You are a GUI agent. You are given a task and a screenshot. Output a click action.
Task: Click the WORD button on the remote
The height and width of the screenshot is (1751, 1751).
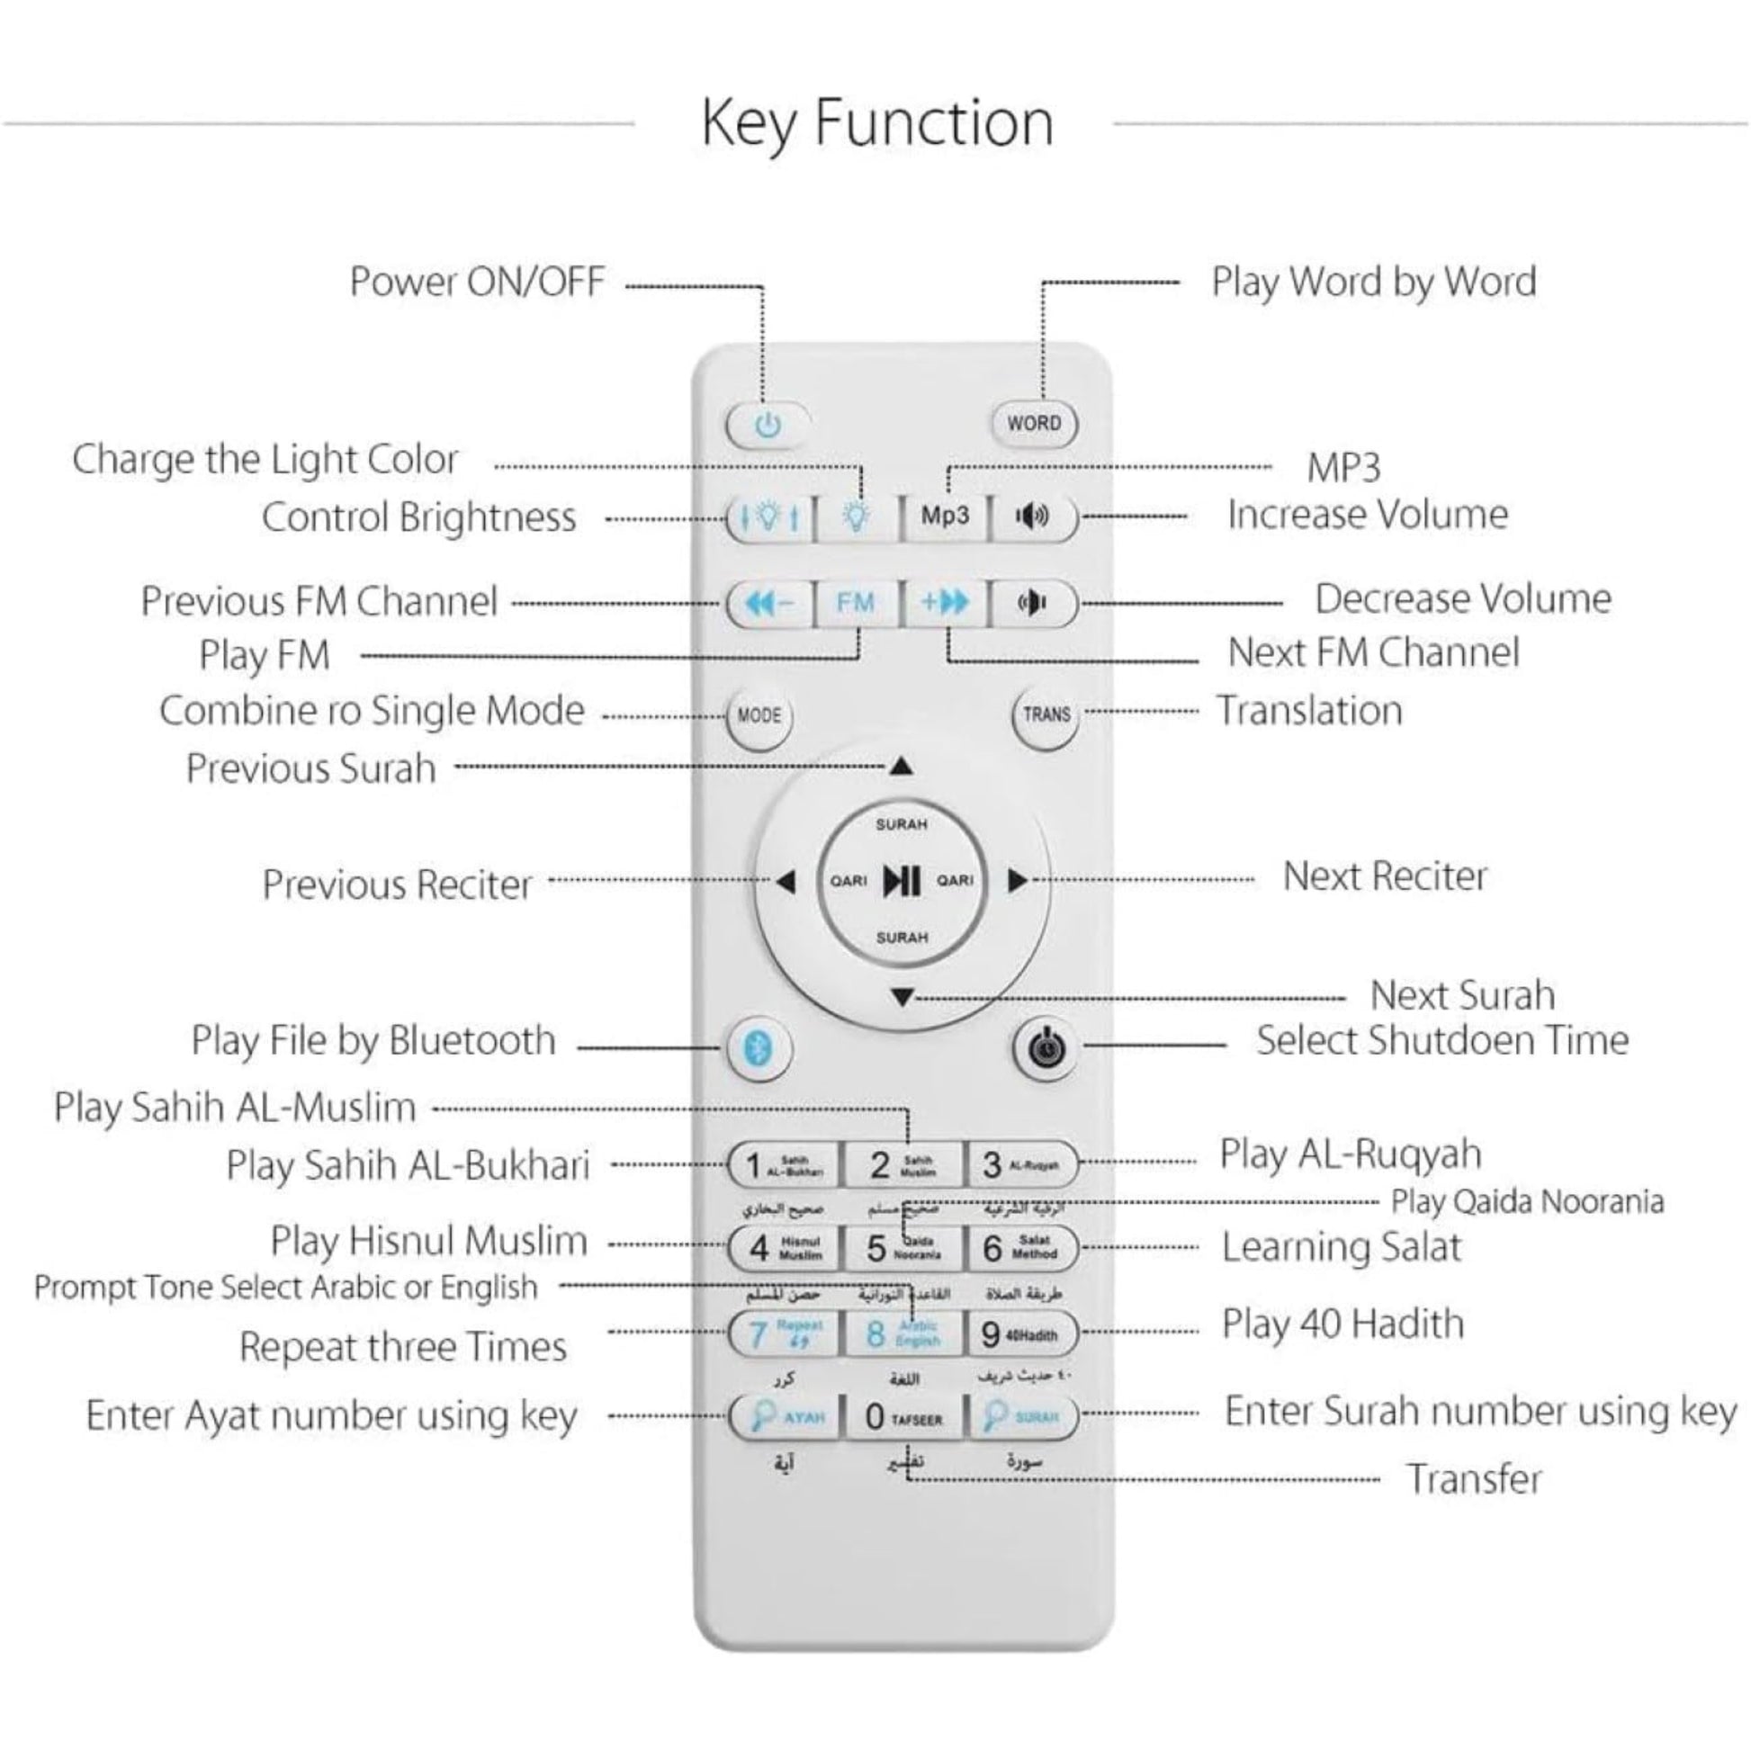point(1033,423)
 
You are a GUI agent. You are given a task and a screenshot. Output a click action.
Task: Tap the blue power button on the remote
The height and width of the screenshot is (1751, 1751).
point(768,424)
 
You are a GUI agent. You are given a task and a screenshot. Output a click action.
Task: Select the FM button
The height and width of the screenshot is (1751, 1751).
point(855,603)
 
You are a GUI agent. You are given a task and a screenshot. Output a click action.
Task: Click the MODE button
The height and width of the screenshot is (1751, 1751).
point(759,715)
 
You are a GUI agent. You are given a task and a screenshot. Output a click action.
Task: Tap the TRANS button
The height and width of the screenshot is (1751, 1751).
point(1046,714)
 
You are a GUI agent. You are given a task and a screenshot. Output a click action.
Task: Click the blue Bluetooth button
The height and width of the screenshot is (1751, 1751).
point(759,1048)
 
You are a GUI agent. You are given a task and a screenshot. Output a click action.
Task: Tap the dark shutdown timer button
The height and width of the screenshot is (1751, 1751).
point(1045,1049)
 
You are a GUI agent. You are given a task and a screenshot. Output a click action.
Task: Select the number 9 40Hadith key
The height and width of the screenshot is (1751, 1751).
point(1021,1333)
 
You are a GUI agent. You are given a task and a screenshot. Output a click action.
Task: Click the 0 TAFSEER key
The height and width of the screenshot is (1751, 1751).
point(902,1416)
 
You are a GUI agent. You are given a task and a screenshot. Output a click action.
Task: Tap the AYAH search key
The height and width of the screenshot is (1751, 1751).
point(785,1416)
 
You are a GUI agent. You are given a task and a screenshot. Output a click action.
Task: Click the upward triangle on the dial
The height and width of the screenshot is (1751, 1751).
point(901,767)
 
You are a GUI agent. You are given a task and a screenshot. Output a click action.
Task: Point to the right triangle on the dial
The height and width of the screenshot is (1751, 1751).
point(1017,880)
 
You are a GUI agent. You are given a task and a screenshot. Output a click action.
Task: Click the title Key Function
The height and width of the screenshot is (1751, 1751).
point(877,123)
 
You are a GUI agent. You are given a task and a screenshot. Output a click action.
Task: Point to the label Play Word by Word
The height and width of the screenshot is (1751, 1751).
point(1374,282)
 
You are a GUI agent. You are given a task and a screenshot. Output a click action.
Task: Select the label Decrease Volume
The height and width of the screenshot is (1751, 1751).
point(1463,599)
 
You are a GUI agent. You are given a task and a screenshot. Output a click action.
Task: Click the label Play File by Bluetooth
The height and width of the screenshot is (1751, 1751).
point(373,1041)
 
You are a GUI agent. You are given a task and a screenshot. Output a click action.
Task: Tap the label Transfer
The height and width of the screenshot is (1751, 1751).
point(1474,1479)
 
